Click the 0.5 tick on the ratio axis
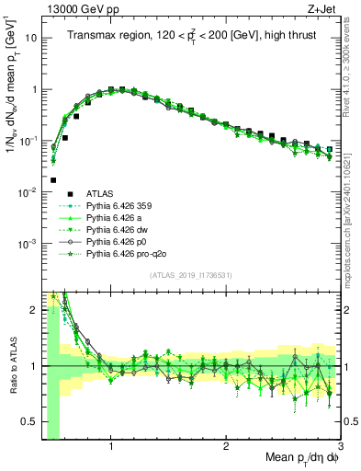(x=28, y=421)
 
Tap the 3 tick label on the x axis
(x=340, y=445)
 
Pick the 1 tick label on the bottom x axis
(x=111, y=445)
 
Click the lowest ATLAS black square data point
(x=53, y=180)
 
